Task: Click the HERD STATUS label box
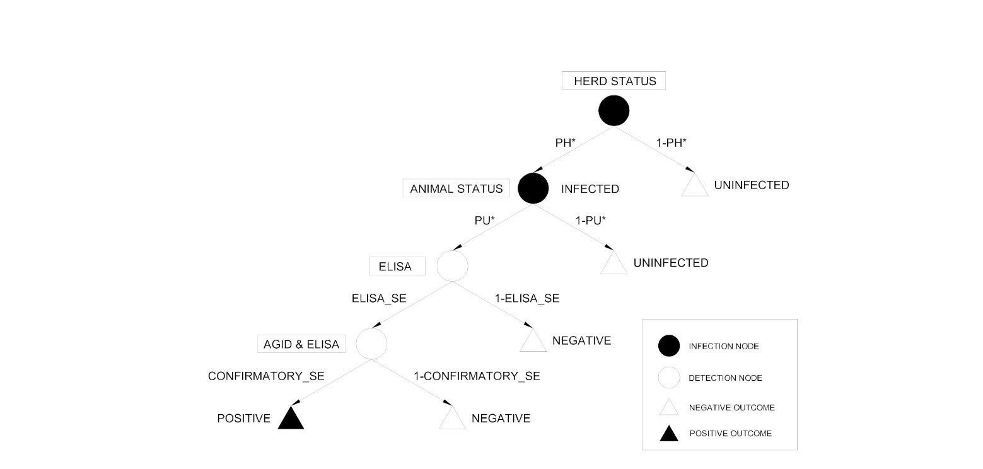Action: tap(614, 81)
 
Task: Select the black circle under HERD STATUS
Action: tap(614, 110)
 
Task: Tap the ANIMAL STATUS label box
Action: tap(456, 188)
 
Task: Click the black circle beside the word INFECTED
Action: tap(533, 188)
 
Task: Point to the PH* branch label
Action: tap(566, 143)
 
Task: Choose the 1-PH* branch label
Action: tap(671, 143)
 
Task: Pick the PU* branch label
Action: tap(485, 221)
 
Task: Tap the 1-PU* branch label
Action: tap(590, 221)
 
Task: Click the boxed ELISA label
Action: tap(396, 267)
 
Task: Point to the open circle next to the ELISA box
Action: tap(453, 266)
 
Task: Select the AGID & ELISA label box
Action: tap(301, 344)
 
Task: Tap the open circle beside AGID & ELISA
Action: tap(371, 344)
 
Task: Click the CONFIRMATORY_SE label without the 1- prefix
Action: tap(266, 376)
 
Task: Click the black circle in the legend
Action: tap(668, 346)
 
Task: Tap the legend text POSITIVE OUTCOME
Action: tap(730, 434)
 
